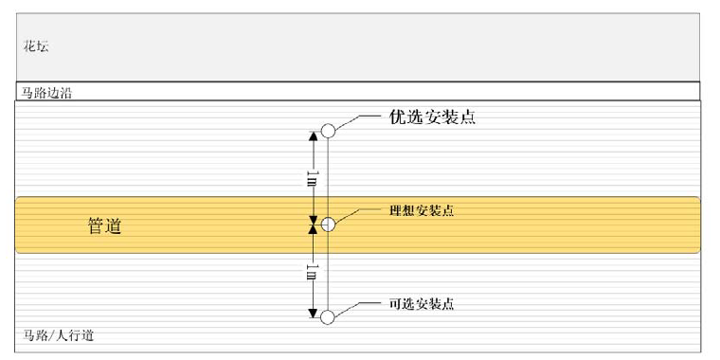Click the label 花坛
36,46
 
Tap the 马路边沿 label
46,94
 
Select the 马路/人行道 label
59,335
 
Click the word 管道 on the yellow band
105,225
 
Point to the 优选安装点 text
432,117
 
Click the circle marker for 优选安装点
328,131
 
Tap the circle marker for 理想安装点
328,225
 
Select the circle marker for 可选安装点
328,317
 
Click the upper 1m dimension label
313,178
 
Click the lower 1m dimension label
313,271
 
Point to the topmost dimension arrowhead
313,136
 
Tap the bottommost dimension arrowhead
313,314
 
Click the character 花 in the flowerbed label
29,46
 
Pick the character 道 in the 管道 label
114,225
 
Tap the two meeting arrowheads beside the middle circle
313,225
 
